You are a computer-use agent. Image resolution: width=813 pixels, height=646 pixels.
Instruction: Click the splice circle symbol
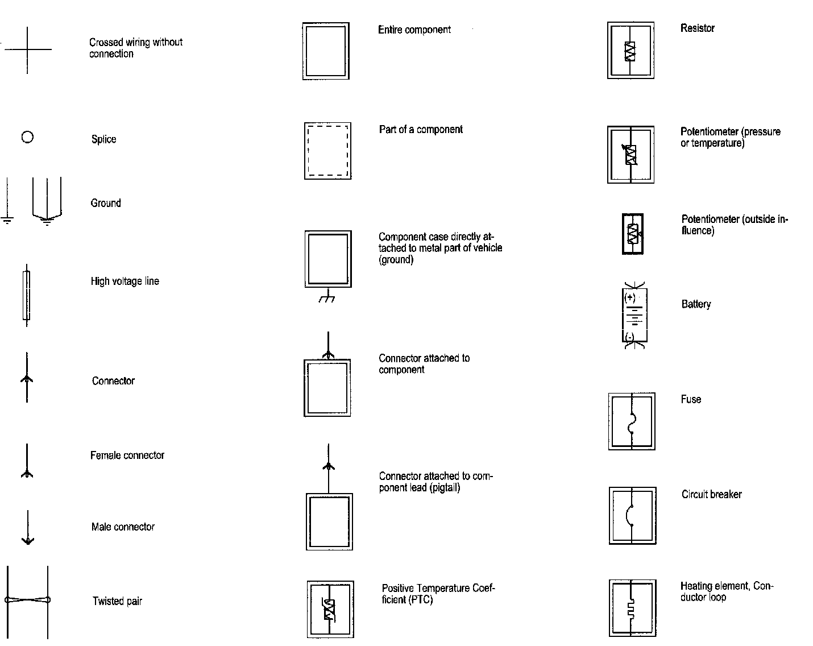[27, 137]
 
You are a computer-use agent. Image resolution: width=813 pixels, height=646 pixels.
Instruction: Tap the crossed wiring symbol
[27, 49]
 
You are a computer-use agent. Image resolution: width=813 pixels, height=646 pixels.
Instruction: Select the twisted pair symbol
[27, 599]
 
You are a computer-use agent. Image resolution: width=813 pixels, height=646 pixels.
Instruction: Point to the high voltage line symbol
[26, 296]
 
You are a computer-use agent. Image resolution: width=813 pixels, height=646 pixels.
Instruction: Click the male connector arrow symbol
[27, 528]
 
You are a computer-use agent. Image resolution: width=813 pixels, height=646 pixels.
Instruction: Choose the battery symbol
[634, 316]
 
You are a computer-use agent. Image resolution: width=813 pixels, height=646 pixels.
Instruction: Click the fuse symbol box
[632, 421]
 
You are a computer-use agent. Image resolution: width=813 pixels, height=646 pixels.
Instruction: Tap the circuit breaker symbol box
[632, 516]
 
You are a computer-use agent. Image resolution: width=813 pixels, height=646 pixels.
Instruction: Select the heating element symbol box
[632, 608]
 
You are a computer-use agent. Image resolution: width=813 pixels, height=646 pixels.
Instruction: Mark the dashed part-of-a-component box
[327, 151]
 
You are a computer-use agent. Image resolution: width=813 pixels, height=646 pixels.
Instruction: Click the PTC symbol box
[330, 609]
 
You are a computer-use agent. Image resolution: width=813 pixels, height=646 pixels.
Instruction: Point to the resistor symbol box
[631, 51]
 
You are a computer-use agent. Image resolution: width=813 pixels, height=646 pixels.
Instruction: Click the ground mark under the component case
[326, 297]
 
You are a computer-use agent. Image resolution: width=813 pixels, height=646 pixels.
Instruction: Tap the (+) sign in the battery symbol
[629, 297]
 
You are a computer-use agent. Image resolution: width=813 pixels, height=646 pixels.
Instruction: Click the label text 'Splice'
[103, 139]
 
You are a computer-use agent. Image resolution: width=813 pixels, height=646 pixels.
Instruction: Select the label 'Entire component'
[414, 30]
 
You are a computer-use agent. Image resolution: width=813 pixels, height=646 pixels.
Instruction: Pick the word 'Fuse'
[691, 399]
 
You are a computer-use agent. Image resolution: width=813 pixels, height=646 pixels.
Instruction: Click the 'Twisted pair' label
[117, 601]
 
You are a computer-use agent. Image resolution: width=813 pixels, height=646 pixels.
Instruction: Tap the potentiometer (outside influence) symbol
[633, 234]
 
